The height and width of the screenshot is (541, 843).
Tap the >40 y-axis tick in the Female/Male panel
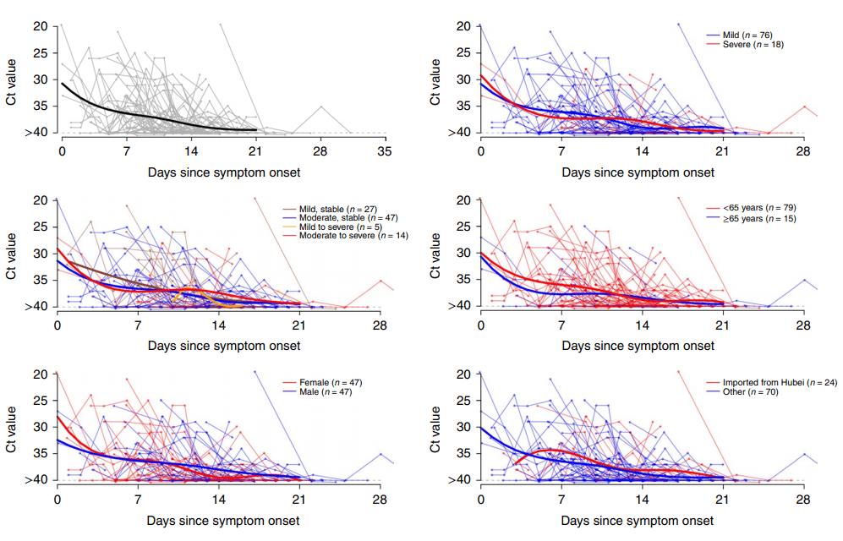coord(36,480)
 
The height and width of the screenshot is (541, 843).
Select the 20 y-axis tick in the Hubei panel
coord(463,374)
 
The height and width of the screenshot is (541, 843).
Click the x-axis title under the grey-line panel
coord(223,172)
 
